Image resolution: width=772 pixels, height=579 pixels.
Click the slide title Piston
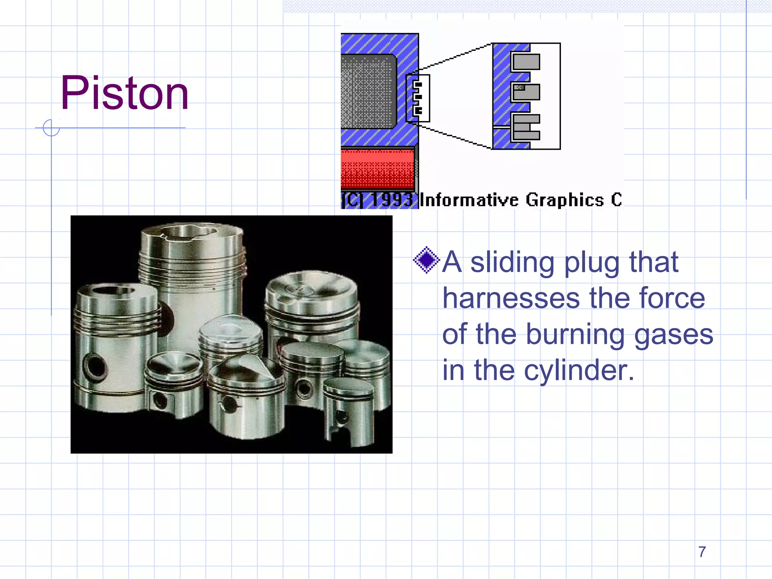pyautogui.click(x=124, y=93)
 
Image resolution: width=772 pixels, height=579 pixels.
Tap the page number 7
pyautogui.click(x=702, y=552)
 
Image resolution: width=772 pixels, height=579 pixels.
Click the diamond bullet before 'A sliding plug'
pyautogui.click(x=426, y=260)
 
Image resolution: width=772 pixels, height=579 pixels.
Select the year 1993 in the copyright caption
pyautogui.click(x=392, y=200)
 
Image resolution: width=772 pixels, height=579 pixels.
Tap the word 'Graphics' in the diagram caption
pyautogui.click(x=565, y=200)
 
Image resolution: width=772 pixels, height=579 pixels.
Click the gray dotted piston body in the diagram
pyautogui.click(x=368, y=91)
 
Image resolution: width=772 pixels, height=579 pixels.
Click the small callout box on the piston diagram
pyautogui.click(x=418, y=98)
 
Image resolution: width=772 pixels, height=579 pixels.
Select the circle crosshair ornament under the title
pyautogui.click(x=51, y=128)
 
